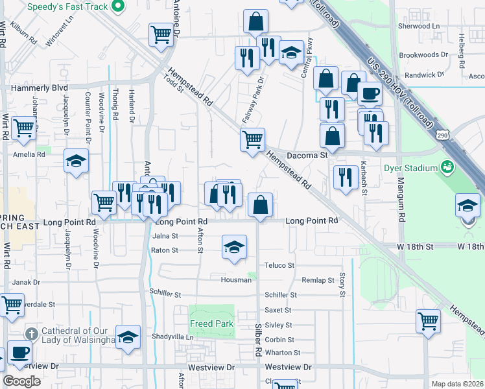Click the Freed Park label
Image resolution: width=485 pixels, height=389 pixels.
click(211, 324)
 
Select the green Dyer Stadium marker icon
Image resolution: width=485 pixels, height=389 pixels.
click(447, 167)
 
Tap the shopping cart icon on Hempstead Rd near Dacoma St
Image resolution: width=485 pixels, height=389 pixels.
click(252, 138)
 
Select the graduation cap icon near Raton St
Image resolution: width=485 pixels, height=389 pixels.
click(234, 246)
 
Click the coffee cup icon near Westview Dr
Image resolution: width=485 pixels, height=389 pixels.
click(19, 352)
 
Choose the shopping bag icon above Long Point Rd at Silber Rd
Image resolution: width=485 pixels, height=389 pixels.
click(259, 206)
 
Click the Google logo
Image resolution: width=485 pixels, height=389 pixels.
click(21, 381)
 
